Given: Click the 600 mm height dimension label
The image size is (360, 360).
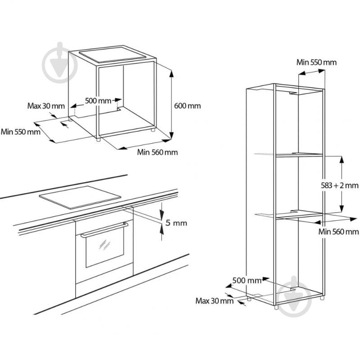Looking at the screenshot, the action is tap(187, 106).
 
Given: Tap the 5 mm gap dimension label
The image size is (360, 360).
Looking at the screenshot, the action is tap(176, 223).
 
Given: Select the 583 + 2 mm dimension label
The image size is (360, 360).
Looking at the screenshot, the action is tap(340, 185).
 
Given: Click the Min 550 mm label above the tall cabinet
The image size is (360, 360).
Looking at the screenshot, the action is tap(316, 62).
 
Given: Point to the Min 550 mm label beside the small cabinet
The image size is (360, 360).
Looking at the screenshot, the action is tap(21, 132).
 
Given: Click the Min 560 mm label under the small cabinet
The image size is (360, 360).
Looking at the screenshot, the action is tap(158, 152).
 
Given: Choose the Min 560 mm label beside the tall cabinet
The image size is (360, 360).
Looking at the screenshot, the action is tap(338, 232).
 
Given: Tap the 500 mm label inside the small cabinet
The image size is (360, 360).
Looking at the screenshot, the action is tap(98, 100).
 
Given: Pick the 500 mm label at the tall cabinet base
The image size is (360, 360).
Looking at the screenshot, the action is tap(247, 280).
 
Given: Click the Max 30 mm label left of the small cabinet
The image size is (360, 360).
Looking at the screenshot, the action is tap(46, 106).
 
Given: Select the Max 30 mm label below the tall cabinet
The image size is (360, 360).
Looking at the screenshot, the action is tap(214, 301).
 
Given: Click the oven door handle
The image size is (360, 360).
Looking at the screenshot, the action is tap(105, 229).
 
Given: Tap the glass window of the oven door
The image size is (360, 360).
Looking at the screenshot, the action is tap(105, 248).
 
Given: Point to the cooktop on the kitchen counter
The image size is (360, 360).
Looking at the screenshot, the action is tap(80, 197).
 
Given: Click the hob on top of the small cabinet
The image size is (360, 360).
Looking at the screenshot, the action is tap(113, 55).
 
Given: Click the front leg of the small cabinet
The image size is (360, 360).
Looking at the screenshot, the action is tap(98, 139).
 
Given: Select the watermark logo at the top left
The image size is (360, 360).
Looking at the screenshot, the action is tap(59, 63).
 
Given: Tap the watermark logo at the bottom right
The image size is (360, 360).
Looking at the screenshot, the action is tap(294, 296).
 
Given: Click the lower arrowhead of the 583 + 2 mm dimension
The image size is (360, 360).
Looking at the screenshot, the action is tap(342, 207).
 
